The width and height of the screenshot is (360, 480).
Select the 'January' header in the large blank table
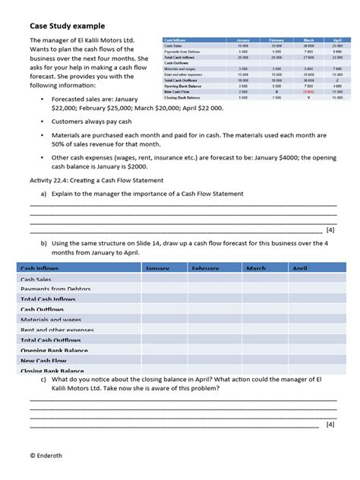[157, 269]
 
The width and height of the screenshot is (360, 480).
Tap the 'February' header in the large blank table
[205, 269]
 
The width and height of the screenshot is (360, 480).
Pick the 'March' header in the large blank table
[256, 269]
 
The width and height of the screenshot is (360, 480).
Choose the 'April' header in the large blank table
[300, 269]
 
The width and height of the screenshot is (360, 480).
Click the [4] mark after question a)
[330, 229]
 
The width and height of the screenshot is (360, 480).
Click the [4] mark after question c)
[330, 425]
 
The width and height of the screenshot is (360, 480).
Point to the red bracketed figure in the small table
[308, 91]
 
